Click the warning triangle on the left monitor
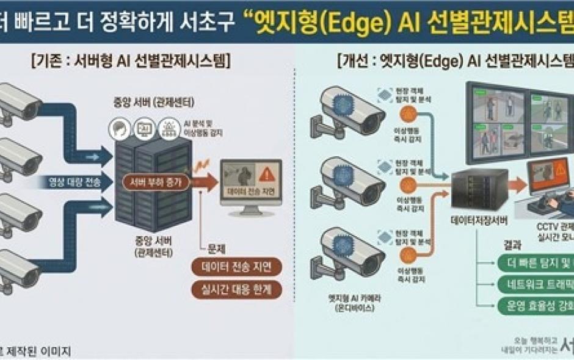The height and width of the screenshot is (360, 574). [266, 175]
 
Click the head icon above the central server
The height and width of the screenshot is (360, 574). [119, 128]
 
